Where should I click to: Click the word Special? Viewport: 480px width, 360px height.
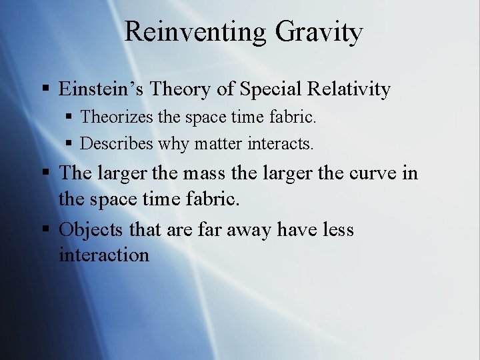click(271, 89)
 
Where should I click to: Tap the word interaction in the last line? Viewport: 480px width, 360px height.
click(104, 255)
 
